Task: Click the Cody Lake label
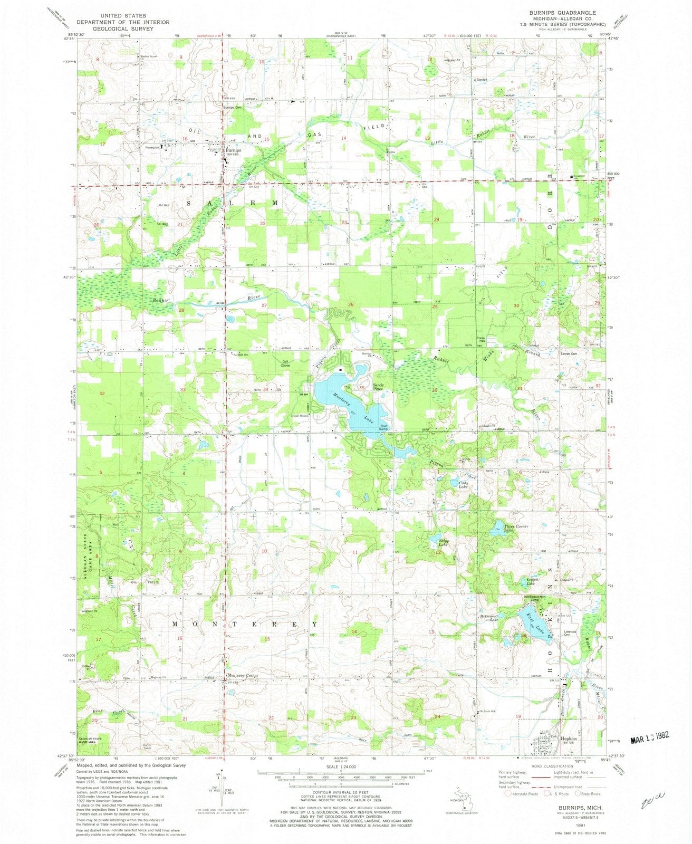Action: tap(462, 485)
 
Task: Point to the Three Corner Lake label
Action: tap(515, 529)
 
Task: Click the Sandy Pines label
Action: tap(379, 387)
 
